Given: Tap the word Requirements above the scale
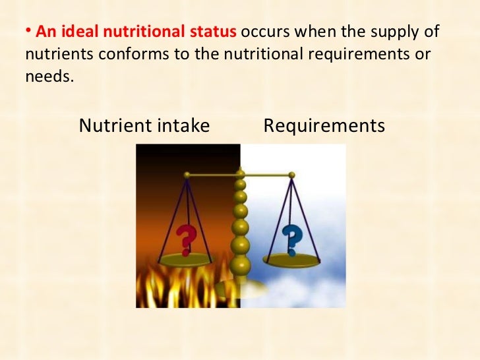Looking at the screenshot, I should (324, 125).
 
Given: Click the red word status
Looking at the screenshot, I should (220, 32).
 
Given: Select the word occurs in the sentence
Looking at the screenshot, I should (270, 32).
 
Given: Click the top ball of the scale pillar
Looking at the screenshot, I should (241, 175).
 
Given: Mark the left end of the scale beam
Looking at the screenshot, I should (187, 175).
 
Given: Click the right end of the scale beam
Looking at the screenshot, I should (291, 175).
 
